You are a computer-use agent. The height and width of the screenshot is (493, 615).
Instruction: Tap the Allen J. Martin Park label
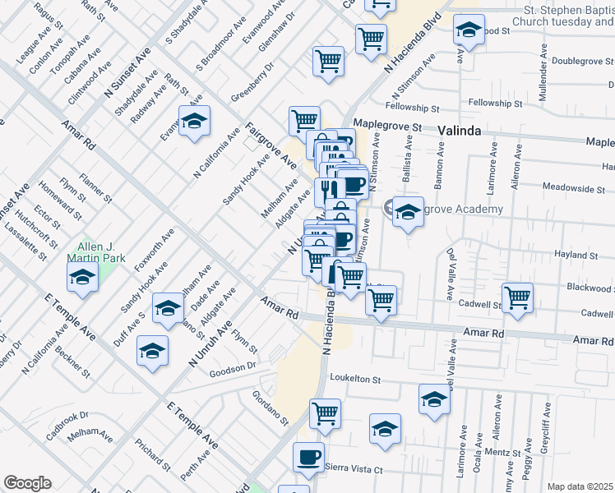pos(99,252)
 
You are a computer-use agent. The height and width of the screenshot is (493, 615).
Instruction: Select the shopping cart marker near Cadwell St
pos(517,297)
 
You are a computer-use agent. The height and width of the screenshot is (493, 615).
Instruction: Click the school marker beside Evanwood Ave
pos(195,122)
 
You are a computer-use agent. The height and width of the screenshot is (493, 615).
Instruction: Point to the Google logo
pos(27,483)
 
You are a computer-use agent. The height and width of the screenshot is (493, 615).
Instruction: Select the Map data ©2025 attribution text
pos(580,486)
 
